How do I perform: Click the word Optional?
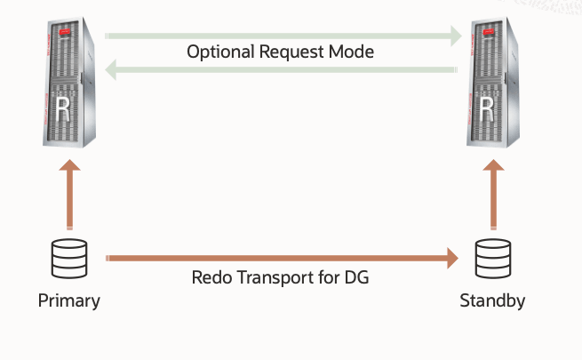tap(219, 52)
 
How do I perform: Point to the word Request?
tap(291, 52)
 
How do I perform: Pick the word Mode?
tap(353, 52)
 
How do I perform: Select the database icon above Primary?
tap(69, 259)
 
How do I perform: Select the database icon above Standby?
tap(492, 259)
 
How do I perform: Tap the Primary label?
tap(69, 300)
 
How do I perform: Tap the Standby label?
tap(492, 300)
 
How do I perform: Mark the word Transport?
tap(275, 277)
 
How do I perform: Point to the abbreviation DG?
tap(357, 277)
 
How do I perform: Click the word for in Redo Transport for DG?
tap(329, 277)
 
